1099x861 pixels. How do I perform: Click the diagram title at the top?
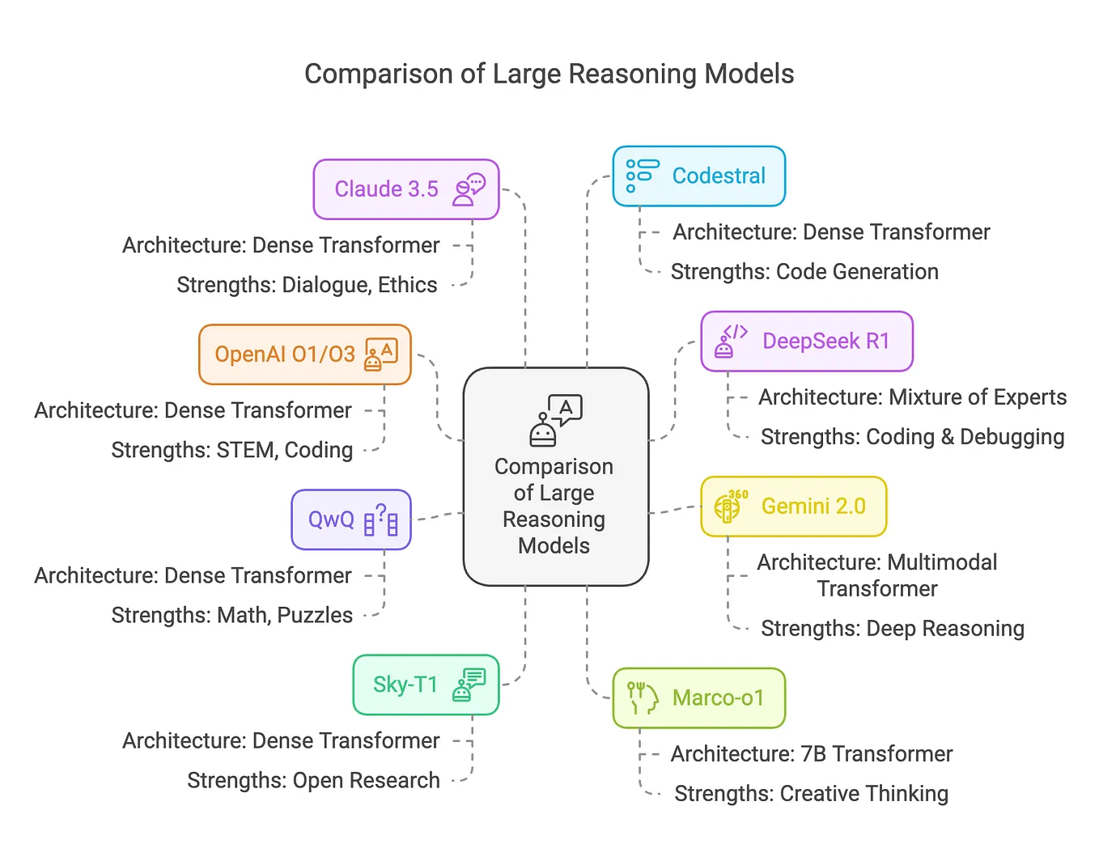[549, 74]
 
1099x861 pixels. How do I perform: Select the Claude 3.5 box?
[405, 189]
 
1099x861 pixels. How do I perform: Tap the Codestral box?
[698, 176]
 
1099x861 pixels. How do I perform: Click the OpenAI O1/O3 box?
[304, 354]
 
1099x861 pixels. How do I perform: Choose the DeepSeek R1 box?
[806, 341]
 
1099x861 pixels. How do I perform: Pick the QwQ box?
[350, 520]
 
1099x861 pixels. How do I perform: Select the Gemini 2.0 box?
[793, 507]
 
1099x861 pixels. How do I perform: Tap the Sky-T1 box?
[425, 685]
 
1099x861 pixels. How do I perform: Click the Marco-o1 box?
[698, 698]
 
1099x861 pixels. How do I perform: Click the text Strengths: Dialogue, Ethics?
[307, 285]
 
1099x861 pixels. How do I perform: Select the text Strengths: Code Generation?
[804, 272]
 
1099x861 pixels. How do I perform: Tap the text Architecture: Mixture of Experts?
[912, 397]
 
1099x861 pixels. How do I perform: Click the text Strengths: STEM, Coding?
[231, 450]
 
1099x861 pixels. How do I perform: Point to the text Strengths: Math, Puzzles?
[231, 615]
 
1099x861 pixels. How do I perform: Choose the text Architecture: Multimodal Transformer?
[876, 575]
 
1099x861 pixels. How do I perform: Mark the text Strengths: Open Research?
[313, 780]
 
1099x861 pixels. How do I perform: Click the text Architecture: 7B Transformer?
[811, 754]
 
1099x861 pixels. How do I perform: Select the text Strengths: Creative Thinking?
[811, 794]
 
